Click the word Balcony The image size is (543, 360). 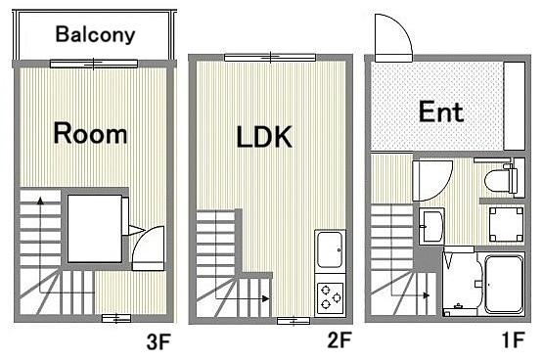(x=95, y=34)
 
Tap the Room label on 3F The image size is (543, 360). (x=90, y=133)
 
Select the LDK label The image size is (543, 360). (x=264, y=137)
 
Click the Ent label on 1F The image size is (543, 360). (x=441, y=112)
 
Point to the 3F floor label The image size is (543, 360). (x=158, y=342)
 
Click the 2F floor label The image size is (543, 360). (x=339, y=339)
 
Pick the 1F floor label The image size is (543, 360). (x=514, y=339)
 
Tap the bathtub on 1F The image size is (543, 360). (x=503, y=285)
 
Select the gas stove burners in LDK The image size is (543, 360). (x=331, y=296)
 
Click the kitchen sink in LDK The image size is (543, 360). (x=331, y=249)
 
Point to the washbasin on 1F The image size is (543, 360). (x=431, y=226)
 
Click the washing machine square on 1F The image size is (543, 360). (x=506, y=224)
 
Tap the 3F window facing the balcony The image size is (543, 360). (x=94, y=64)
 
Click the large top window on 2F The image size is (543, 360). (x=270, y=58)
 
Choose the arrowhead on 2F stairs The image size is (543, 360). (x=265, y=298)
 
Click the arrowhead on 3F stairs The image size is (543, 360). (x=40, y=201)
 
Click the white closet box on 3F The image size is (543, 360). (x=95, y=229)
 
